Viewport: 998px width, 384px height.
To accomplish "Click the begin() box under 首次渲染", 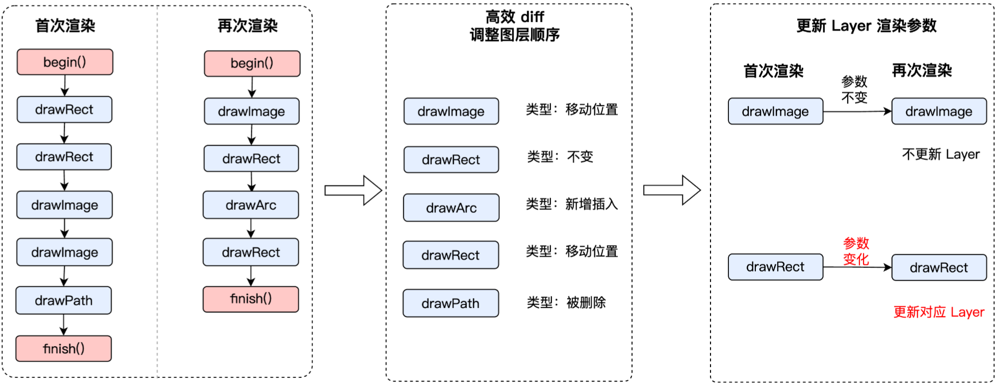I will click(x=65, y=62).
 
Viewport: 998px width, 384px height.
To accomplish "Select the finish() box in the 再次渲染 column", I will click(x=251, y=299).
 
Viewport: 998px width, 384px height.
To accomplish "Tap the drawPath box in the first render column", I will click(x=64, y=300).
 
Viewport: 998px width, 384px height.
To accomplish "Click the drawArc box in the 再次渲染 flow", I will click(x=251, y=205).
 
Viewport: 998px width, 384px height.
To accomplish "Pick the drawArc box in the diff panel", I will click(x=451, y=208).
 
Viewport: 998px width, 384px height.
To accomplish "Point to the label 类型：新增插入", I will click(x=571, y=204).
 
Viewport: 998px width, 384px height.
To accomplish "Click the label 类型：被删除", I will click(x=566, y=303).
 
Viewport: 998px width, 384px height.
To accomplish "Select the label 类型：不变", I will click(x=560, y=156).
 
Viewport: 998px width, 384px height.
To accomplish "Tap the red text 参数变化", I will click(x=856, y=251).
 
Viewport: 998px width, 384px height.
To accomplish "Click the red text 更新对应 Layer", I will click(x=938, y=312).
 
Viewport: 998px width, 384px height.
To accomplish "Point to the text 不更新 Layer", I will click(x=940, y=154).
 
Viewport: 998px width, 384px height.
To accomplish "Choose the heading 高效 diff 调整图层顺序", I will click(x=514, y=26).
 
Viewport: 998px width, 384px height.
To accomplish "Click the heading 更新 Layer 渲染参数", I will click(x=866, y=25).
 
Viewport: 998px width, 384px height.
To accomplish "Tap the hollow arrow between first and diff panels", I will click(x=353, y=190).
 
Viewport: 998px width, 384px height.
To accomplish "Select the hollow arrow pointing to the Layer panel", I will click(x=672, y=190).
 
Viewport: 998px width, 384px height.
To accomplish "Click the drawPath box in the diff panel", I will click(x=451, y=304).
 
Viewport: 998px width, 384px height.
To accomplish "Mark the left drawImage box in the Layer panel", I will click(x=775, y=112).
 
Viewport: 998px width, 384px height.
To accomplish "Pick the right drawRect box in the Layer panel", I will click(x=939, y=267).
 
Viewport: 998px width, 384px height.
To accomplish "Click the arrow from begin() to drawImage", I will click(x=252, y=87).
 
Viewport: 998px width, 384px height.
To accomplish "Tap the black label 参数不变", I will click(x=854, y=89).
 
